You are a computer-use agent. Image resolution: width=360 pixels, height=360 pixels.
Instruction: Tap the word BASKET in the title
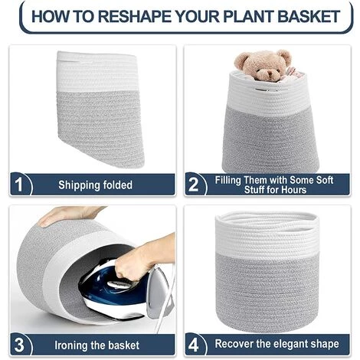(x=309, y=16)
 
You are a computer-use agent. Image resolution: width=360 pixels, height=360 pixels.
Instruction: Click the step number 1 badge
(x=19, y=185)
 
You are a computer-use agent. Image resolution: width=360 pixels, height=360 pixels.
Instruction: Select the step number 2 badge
(x=194, y=185)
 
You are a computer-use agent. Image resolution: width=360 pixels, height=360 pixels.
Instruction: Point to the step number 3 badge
(x=19, y=345)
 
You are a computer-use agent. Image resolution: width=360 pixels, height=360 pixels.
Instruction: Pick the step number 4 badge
(x=194, y=345)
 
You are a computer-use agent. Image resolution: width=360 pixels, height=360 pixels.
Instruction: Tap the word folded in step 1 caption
(x=118, y=185)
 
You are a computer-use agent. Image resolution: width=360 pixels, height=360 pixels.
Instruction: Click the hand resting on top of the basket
(x=67, y=215)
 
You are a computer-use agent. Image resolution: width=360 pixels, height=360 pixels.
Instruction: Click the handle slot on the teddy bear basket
(x=266, y=90)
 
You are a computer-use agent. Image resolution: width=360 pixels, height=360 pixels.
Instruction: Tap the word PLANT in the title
(x=249, y=16)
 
